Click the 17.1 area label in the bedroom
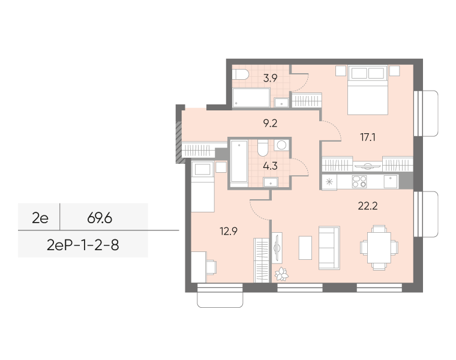(368, 137)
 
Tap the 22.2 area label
(368, 206)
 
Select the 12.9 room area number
(229, 231)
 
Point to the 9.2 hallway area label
(270, 123)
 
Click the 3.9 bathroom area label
(270, 78)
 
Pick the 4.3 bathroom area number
(270, 166)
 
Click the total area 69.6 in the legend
(100, 218)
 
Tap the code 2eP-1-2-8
(83, 245)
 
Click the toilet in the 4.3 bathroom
(263, 148)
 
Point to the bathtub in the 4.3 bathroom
(239, 164)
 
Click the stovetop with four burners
(359, 182)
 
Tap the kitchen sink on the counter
(391, 182)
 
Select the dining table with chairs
(379, 248)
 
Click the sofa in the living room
(329, 248)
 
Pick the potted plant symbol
(281, 274)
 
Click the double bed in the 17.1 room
(368, 90)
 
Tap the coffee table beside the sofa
(305, 248)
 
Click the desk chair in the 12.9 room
(211, 268)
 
